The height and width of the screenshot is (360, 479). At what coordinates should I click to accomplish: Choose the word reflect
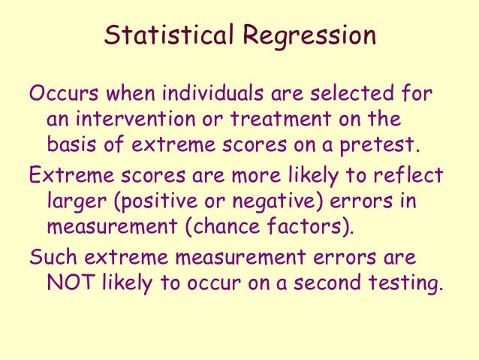click(x=412, y=175)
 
